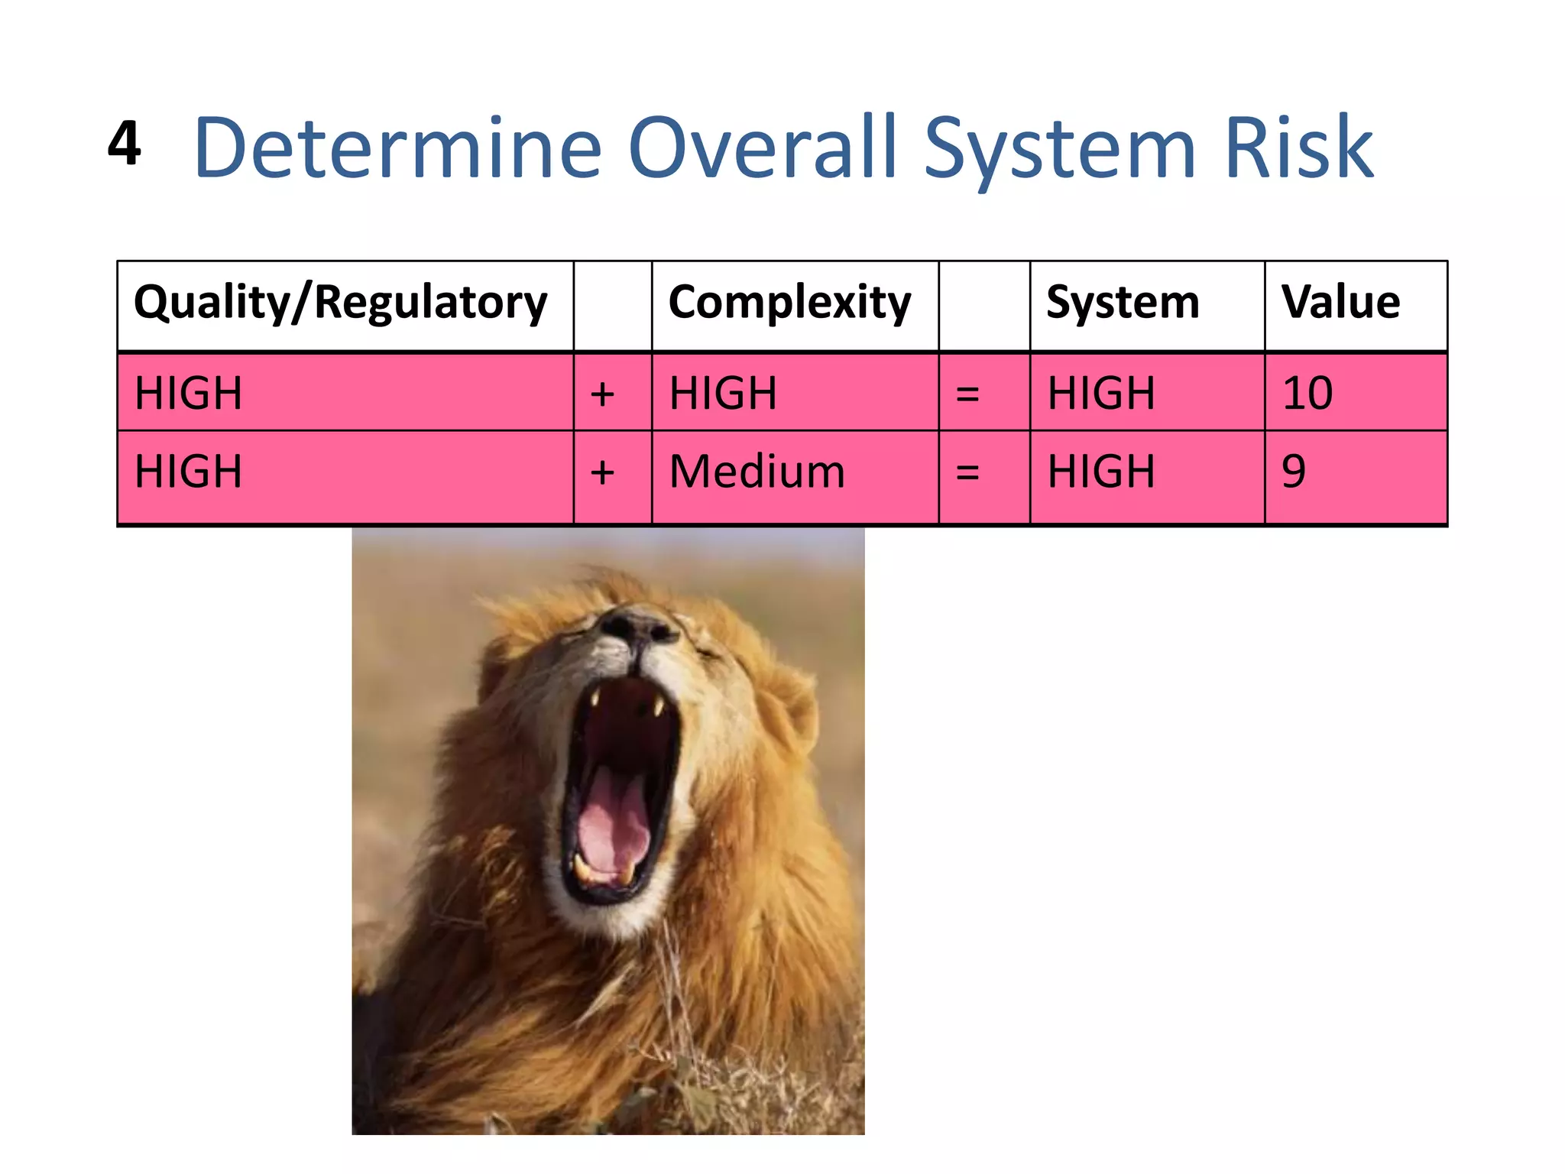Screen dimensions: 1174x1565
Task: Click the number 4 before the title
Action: pos(125,143)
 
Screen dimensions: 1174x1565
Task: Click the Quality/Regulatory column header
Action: pos(340,303)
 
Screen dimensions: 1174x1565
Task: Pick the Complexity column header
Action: pos(789,303)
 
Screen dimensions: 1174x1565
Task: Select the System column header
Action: pos(1122,303)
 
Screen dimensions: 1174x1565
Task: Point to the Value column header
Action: pos(1340,303)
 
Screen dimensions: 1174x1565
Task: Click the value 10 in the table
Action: pos(1307,394)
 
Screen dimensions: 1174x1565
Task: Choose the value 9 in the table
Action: pos(1293,472)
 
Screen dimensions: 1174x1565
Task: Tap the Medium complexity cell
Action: pos(757,472)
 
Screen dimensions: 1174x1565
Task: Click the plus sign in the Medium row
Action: pos(602,472)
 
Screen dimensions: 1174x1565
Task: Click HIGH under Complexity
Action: pos(723,394)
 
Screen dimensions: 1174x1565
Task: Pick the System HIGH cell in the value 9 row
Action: pos(1100,472)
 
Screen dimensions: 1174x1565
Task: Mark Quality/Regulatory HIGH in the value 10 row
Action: pos(188,394)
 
